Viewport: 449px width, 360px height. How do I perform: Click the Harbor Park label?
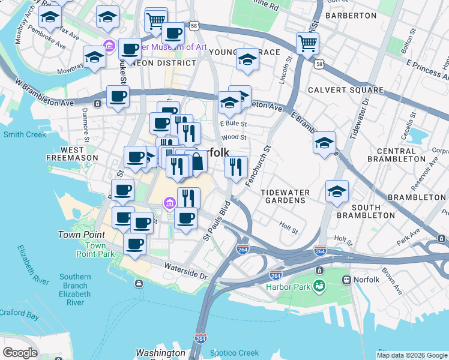(x=288, y=287)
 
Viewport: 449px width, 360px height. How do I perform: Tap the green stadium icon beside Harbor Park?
(x=319, y=286)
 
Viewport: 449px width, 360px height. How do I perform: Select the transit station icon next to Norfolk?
(x=346, y=280)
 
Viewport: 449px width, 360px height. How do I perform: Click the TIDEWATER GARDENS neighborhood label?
(x=285, y=196)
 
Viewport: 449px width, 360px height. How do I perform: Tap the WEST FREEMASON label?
(x=71, y=154)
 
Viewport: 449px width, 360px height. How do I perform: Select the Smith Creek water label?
(x=25, y=134)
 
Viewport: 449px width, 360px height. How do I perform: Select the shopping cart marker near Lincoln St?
(x=307, y=43)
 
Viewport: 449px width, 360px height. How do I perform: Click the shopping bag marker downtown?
(x=197, y=161)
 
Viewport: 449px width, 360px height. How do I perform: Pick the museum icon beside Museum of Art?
(x=109, y=46)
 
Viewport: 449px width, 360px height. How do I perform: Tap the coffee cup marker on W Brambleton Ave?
(x=118, y=96)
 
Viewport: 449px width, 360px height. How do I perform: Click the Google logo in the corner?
(x=20, y=353)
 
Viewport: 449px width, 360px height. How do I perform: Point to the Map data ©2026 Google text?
(x=412, y=355)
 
